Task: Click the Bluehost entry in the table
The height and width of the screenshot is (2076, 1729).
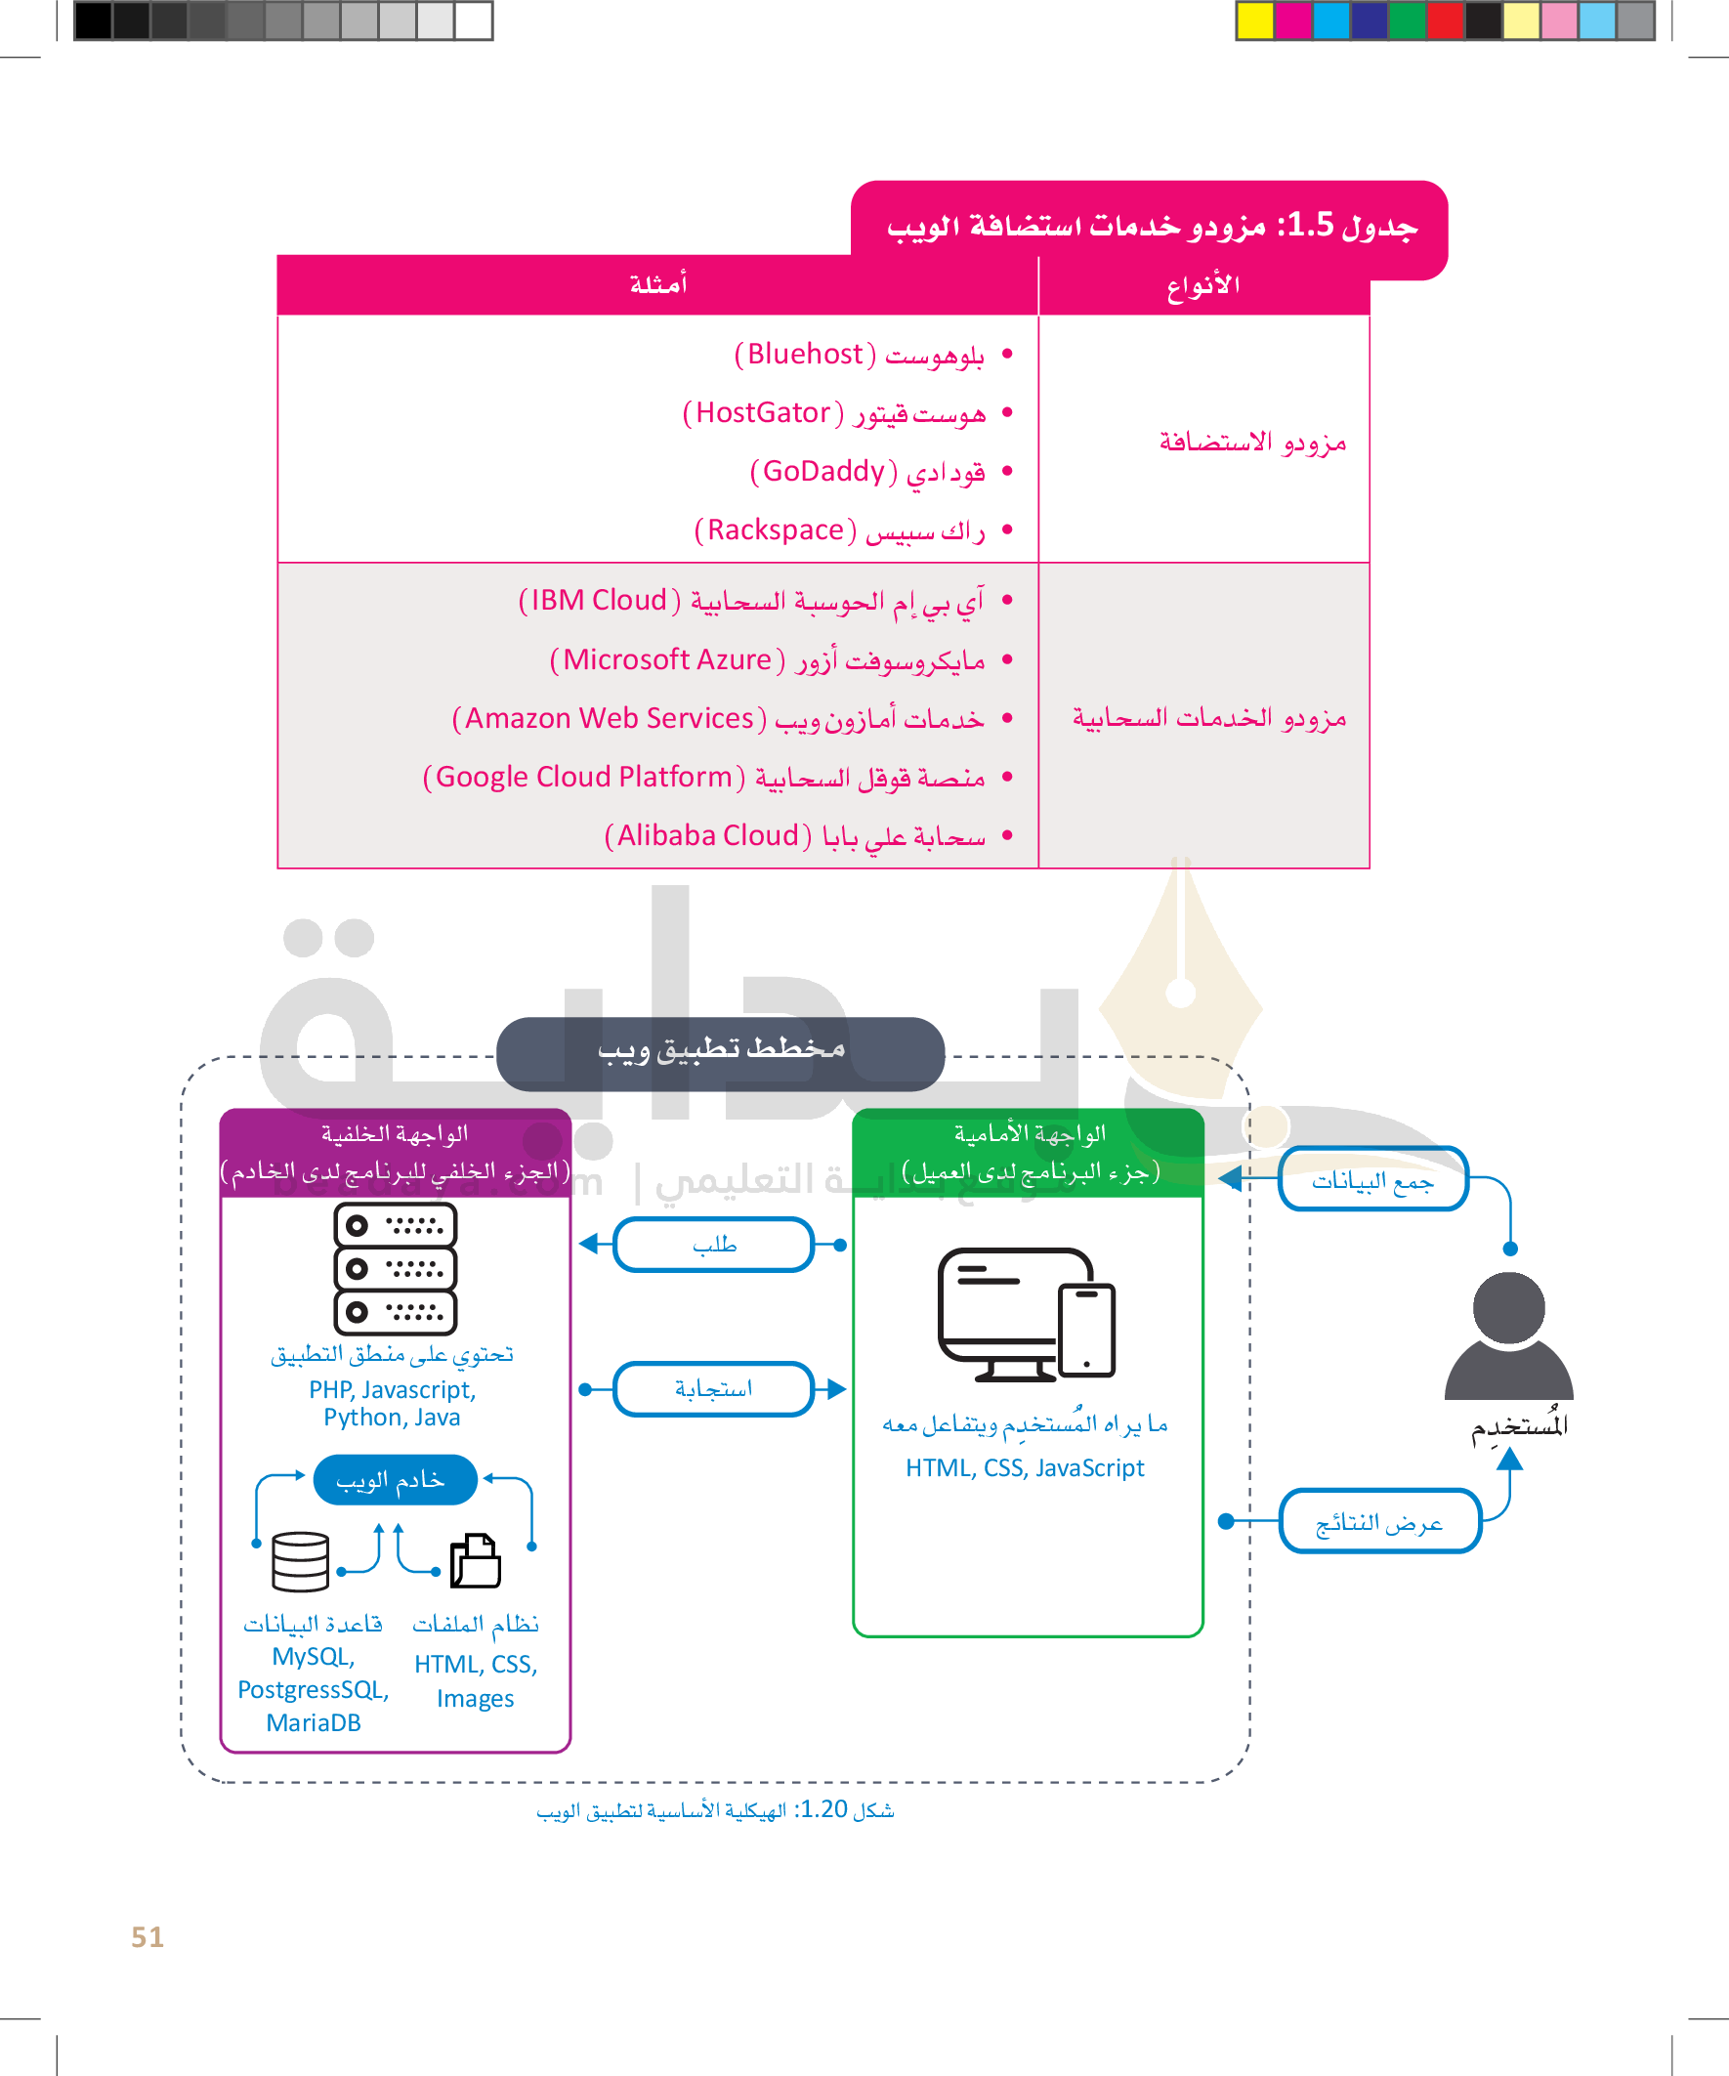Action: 858,354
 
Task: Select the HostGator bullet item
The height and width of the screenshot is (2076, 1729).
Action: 833,412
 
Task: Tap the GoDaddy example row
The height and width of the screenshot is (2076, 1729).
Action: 867,472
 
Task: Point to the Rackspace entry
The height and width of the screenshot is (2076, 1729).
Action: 839,530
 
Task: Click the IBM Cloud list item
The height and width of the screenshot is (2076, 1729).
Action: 751,600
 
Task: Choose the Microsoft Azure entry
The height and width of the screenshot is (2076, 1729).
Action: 767,659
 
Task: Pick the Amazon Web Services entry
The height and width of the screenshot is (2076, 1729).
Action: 718,718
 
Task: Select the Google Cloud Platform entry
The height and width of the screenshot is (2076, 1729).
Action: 703,777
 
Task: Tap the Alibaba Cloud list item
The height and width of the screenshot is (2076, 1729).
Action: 794,835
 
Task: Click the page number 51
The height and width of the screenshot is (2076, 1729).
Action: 148,1936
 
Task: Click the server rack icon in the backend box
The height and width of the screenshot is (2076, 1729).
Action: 396,1268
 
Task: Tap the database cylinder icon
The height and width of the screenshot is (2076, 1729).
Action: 301,1561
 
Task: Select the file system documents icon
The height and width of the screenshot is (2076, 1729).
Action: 476,1561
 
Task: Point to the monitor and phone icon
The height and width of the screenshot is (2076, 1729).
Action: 1026,1314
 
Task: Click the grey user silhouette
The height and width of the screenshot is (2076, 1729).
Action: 1508,1335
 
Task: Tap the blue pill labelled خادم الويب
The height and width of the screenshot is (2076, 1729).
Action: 395,1480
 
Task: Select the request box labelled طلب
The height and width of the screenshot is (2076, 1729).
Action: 714,1245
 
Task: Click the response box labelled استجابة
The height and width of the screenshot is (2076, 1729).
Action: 714,1389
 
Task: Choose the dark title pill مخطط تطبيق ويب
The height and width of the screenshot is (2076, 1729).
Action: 721,1053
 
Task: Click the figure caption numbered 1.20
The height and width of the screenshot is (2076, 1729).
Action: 715,1809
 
